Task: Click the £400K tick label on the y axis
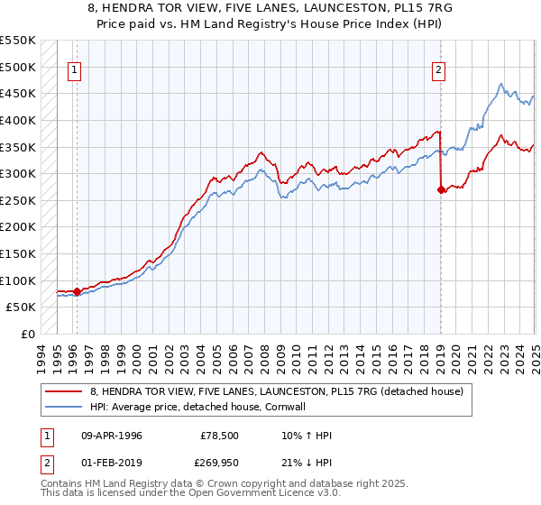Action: pyautogui.click(x=18, y=120)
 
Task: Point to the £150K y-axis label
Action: pyautogui.click(x=18, y=254)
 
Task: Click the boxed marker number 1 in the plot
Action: pyautogui.click(x=73, y=69)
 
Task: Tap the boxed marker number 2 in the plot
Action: pyautogui.click(x=439, y=69)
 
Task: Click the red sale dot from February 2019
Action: pyautogui.click(x=441, y=189)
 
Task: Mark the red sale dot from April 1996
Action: pyautogui.click(x=77, y=291)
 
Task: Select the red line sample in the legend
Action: pyautogui.click(x=64, y=391)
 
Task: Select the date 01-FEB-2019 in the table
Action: pyautogui.click(x=112, y=462)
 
